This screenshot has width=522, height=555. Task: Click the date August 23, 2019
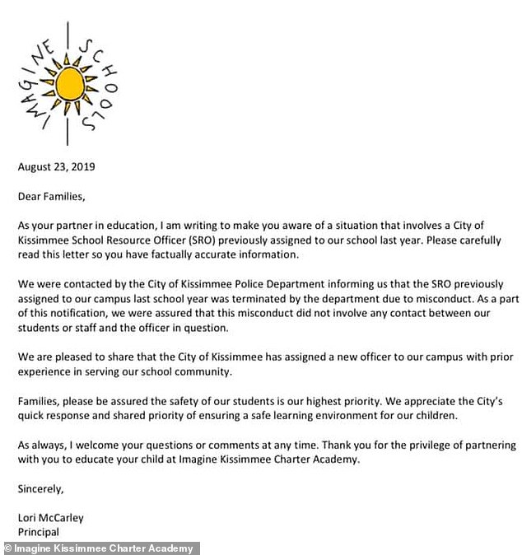pyautogui.click(x=57, y=167)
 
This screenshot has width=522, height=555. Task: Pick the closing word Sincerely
pyautogui.click(x=41, y=488)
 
